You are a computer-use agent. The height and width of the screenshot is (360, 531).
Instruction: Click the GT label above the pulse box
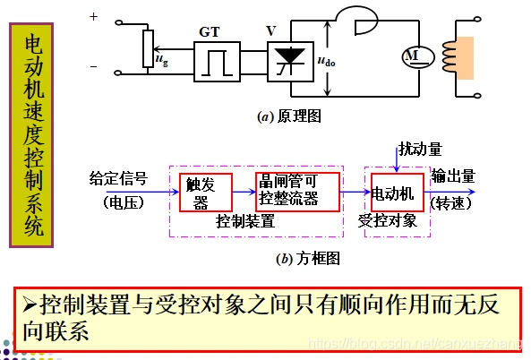[x=209, y=30]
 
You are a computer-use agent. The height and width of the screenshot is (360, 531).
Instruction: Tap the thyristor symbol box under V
[x=288, y=62]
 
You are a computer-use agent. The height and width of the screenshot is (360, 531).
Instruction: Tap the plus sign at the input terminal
[x=93, y=16]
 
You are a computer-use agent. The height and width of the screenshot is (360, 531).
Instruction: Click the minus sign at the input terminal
[x=93, y=66]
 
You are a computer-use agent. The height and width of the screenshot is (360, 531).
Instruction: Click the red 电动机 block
[x=395, y=192]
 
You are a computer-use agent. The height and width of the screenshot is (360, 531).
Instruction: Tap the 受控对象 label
[x=387, y=220]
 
